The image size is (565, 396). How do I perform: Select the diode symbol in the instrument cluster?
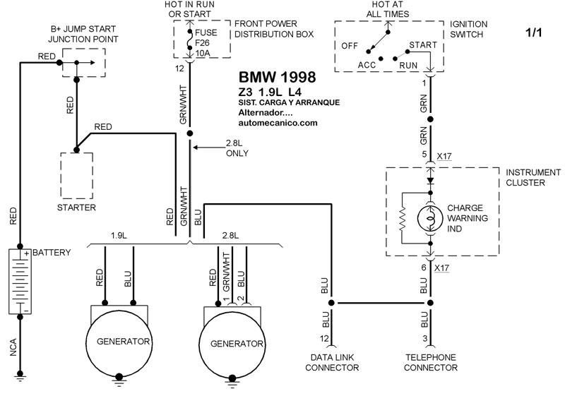coord(429,181)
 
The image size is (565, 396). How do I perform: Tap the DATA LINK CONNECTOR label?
coord(330,363)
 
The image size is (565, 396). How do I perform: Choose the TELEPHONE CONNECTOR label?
coord(429,363)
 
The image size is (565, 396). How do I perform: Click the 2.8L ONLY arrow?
coord(205,148)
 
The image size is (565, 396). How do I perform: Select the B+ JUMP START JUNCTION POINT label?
coord(83,33)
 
